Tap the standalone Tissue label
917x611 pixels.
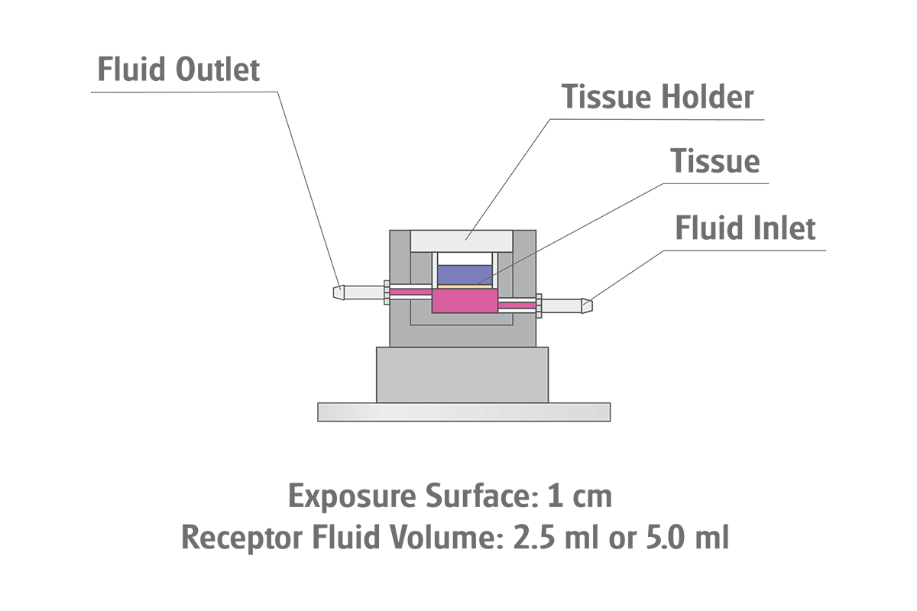(714, 161)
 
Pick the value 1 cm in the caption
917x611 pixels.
(580, 496)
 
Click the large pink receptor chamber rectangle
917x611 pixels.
(464, 300)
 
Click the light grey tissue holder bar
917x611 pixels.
(461, 240)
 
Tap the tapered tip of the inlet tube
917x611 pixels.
(587, 305)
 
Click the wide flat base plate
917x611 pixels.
(463, 412)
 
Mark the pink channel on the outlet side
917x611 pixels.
(411, 292)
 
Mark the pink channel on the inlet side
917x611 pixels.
(517, 305)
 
